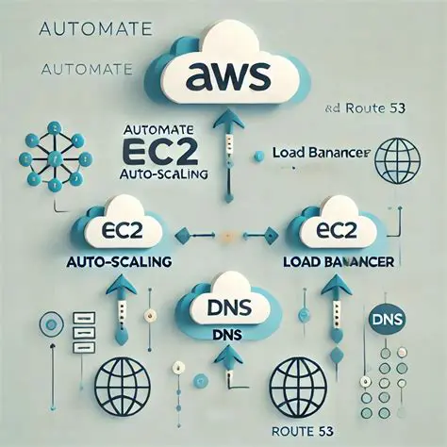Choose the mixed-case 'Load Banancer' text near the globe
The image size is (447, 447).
tap(319, 153)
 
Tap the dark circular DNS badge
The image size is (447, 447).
tap(389, 318)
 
